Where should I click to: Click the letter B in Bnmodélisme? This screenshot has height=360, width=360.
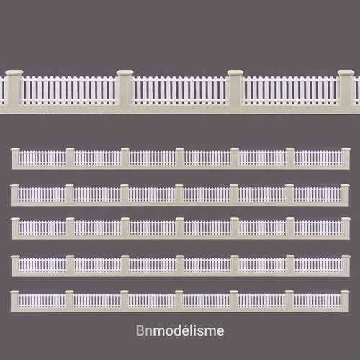[140, 330]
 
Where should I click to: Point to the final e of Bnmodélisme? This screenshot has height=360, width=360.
[220, 332]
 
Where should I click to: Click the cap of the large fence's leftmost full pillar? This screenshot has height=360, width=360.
[14, 72]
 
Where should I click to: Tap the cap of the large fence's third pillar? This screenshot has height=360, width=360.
[235, 72]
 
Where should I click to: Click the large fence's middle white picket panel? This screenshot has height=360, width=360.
[180, 90]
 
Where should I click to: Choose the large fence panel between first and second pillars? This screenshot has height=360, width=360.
[69, 90]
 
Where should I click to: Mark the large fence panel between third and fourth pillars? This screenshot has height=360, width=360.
[290, 90]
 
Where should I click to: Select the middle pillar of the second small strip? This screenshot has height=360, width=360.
[179, 193]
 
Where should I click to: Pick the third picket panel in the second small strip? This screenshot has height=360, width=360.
[151, 194]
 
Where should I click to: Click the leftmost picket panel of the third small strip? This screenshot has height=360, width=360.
[42, 228]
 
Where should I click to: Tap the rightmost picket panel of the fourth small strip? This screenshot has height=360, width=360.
[318, 265]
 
